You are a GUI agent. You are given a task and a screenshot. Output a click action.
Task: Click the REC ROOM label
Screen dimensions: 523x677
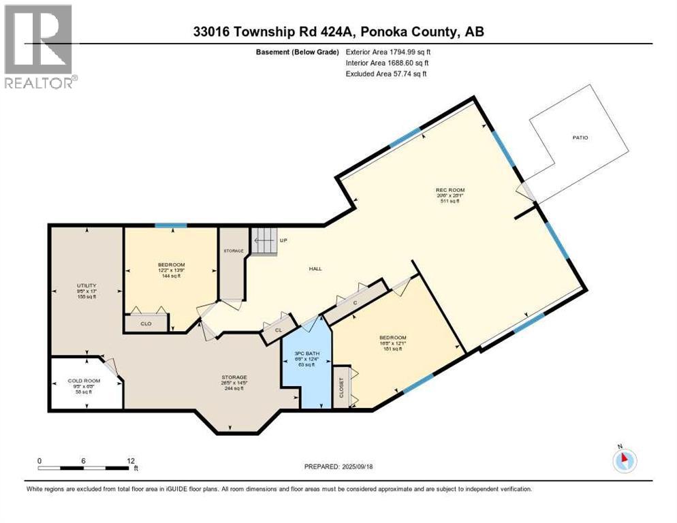click(x=450, y=189)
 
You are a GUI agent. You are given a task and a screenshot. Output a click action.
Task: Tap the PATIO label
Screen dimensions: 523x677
click(x=580, y=138)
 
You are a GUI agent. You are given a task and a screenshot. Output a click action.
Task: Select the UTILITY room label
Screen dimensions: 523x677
click(x=86, y=285)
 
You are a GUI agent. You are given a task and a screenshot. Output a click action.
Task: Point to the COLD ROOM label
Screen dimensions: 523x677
click(x=84, y=381)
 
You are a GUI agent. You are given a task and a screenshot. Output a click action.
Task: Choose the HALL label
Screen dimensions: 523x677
click(x=315, y=268)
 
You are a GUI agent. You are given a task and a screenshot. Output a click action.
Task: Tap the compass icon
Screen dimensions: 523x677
click(x=624, y=460)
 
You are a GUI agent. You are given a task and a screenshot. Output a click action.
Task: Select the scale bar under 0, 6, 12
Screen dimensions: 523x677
click(x=85, y=468)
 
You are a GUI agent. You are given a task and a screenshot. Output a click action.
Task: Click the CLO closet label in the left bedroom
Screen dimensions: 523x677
click(x=146, y=323)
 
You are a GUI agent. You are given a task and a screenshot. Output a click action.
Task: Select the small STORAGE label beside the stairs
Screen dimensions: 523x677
click(x=234, y=251)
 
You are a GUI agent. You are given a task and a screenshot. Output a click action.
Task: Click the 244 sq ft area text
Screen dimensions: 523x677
click(x=234, y=388)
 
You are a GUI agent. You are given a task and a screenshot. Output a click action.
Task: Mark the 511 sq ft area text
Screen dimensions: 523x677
click(x=450, y=202)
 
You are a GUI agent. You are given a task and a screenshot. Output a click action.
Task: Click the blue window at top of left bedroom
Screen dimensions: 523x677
click(x=170, y=226)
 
